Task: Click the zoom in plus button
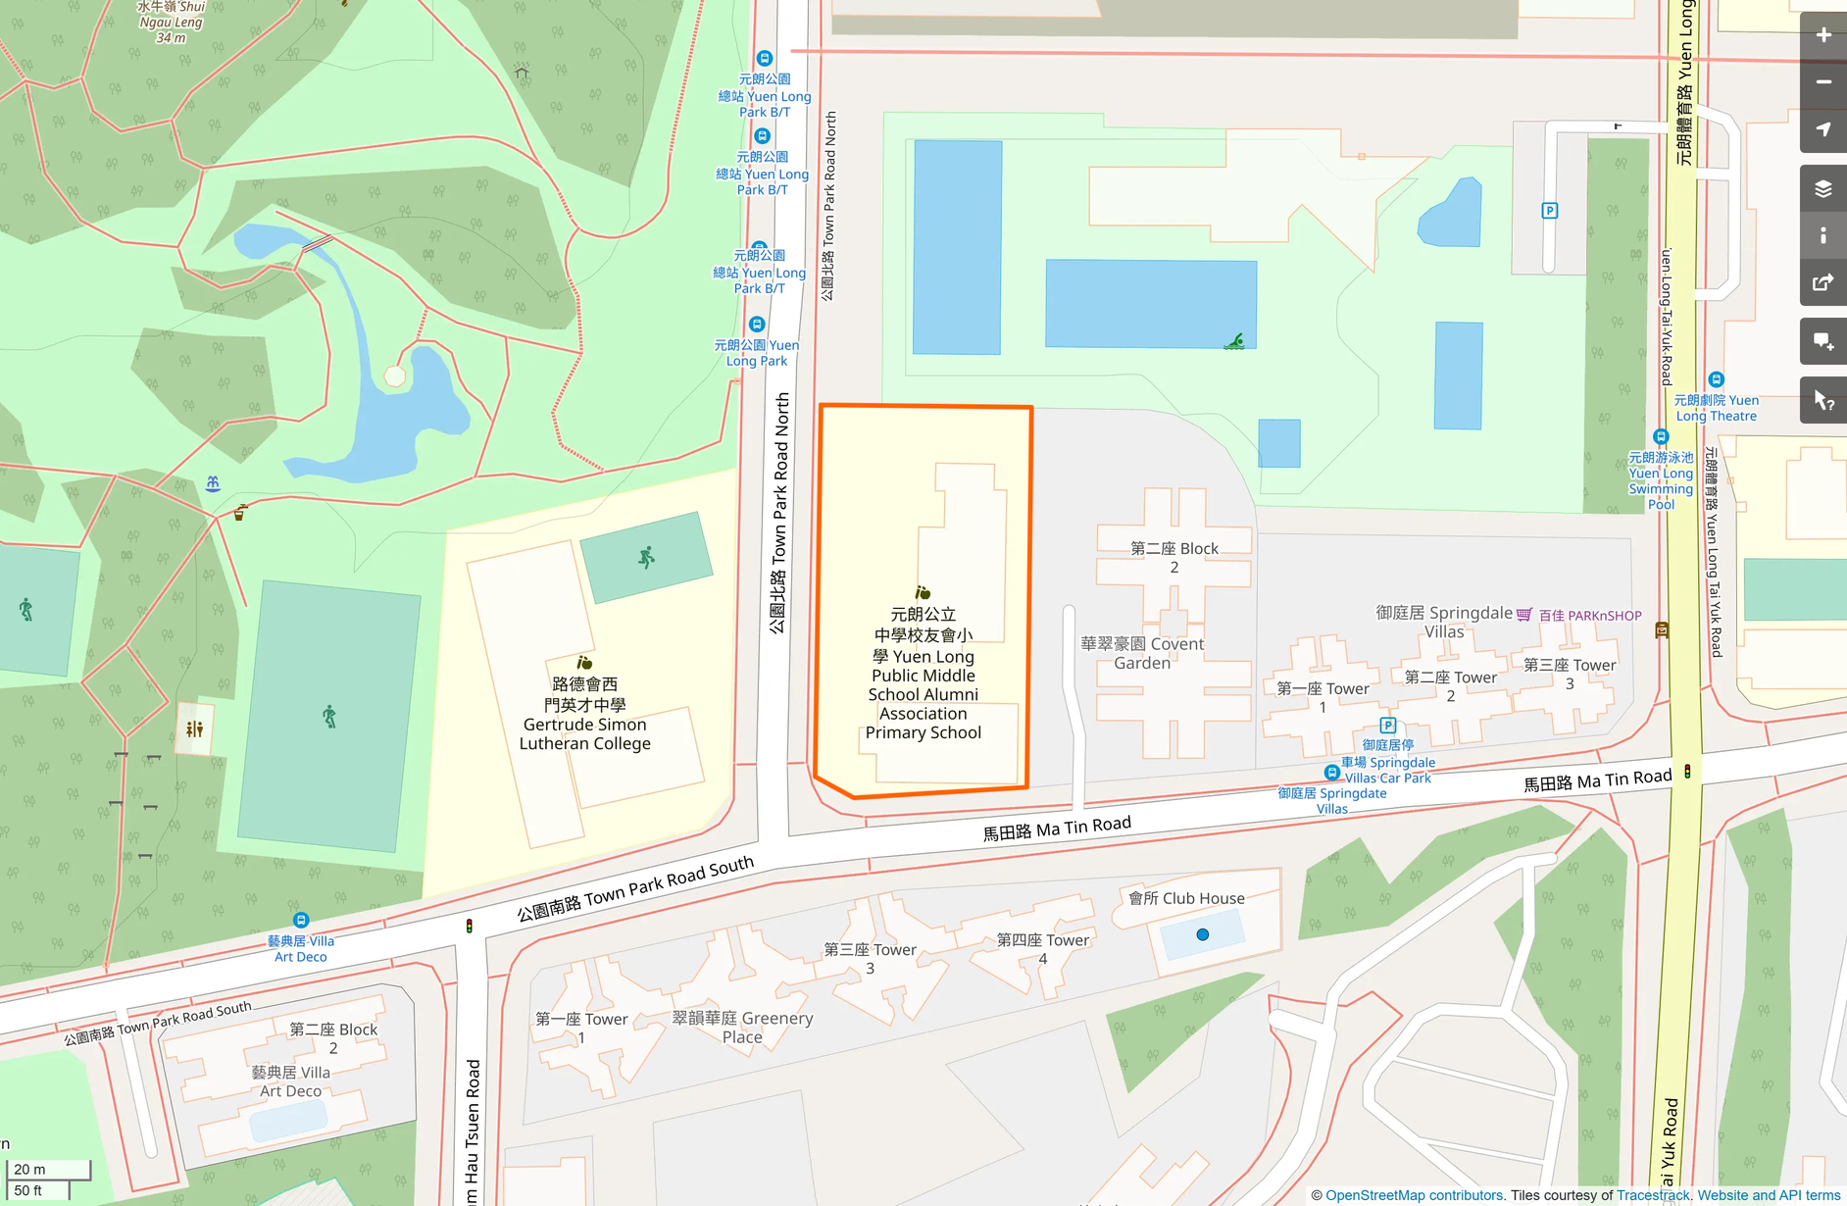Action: pyautogui.click(x=1822, y=35)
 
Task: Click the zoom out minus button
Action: pyautogui.click(x=1822, y=82)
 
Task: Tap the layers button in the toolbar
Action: pyautogui.click(x=1822, y=188)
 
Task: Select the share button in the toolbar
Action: pyautogui.click(x=1822, y=283)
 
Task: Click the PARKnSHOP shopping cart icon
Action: pyautogui.click(x=1524, y=615)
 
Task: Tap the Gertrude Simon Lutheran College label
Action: pyautogui.click(x=584, y=714)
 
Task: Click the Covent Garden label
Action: pyautogui.click(x=1142, y=653)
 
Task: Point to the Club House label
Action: pyautogui.click(x=1186, y=898)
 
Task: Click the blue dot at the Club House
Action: pyautogui.click(x=1203, y=934)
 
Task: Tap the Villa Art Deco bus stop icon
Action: pyautogui.click(x=301, y=921)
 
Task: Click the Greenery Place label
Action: pyautogui.click(x=742, y=1028)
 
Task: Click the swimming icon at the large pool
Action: pyautogui.click(x=1234, y=341)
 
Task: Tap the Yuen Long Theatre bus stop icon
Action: pyautogui.click(x=1716, y=379)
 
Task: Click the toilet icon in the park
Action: pyautogui.click(x=194, y=729)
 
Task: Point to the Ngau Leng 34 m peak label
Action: pyautogui.click(x=171, y=22)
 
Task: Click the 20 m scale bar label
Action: pyautogui.click(x=29, y=1169)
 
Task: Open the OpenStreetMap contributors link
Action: pyautogui.click(x=1414, y=1195)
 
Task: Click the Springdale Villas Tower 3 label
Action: pyautogui.click(x=1569, y=674)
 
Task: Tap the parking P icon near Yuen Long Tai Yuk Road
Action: pyautogui.click(x=1550, y=211)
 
